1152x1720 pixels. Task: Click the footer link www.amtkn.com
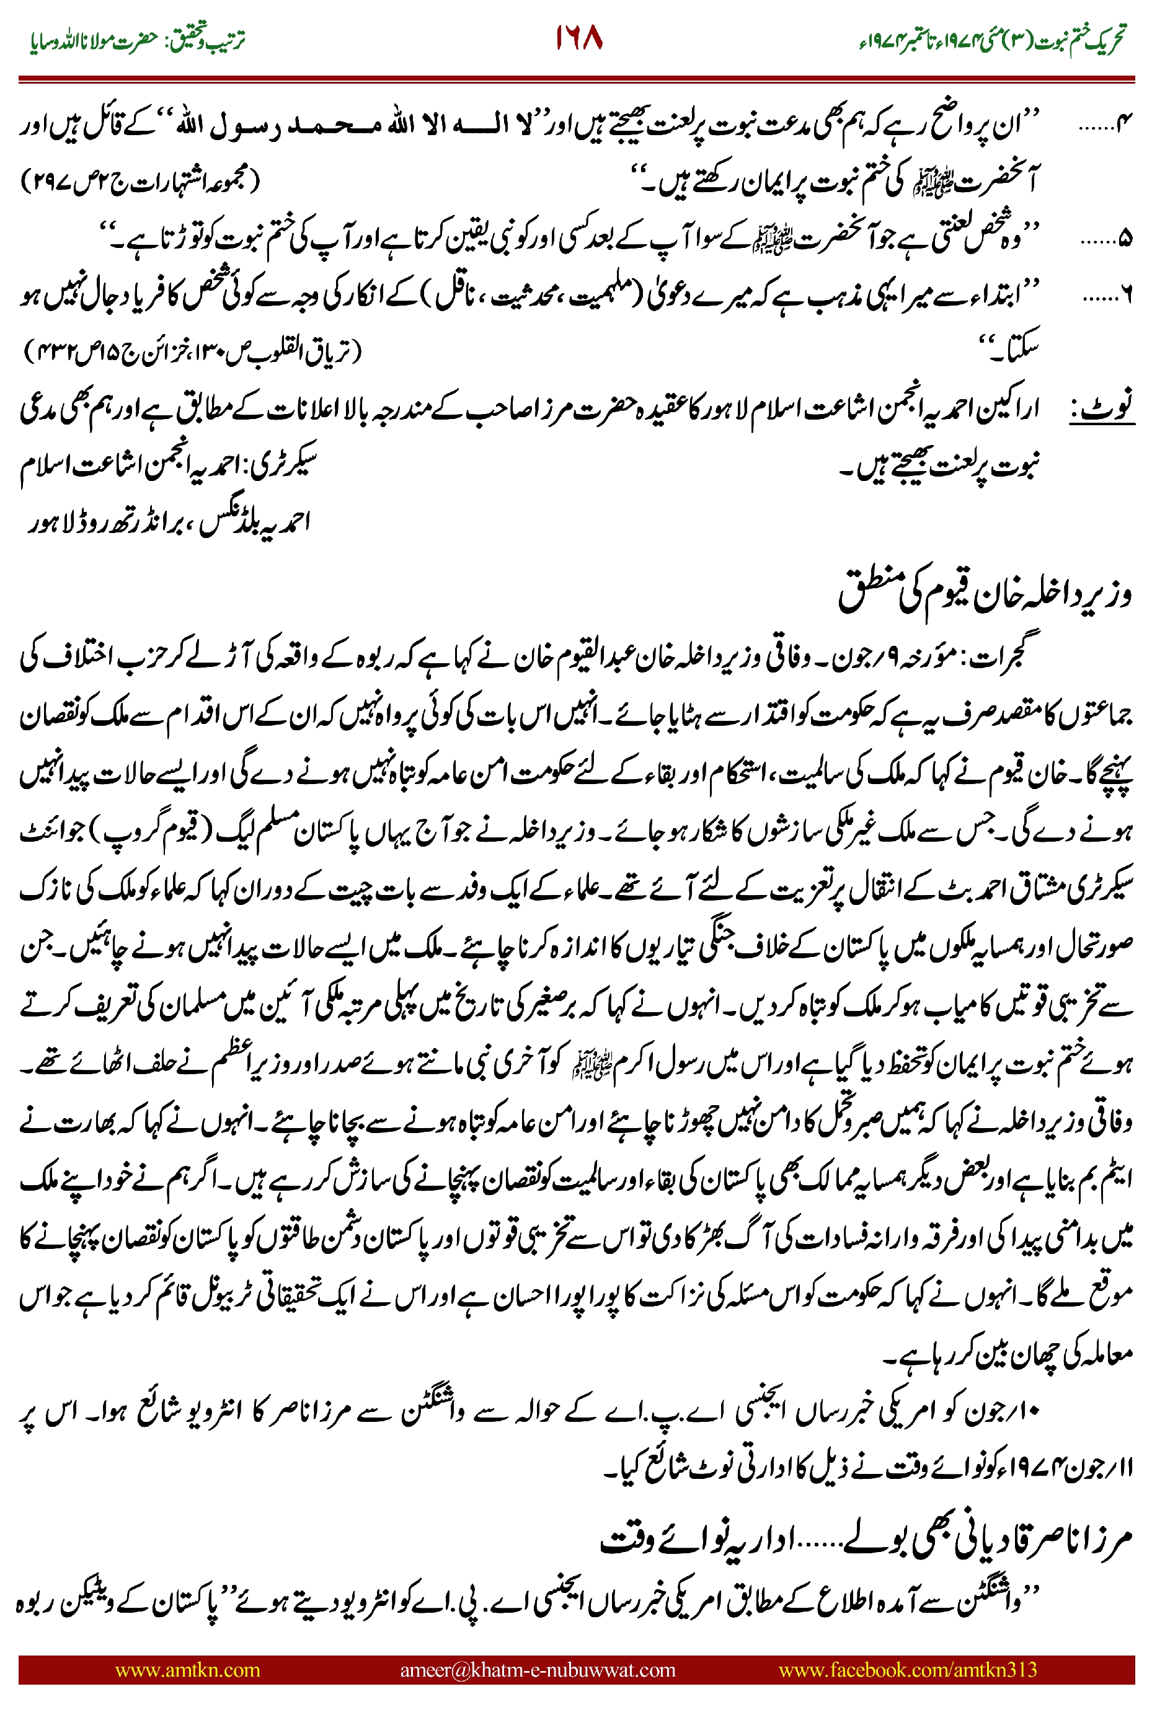coord(187,1669)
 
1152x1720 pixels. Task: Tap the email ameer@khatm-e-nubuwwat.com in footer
coord(537,1669)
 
